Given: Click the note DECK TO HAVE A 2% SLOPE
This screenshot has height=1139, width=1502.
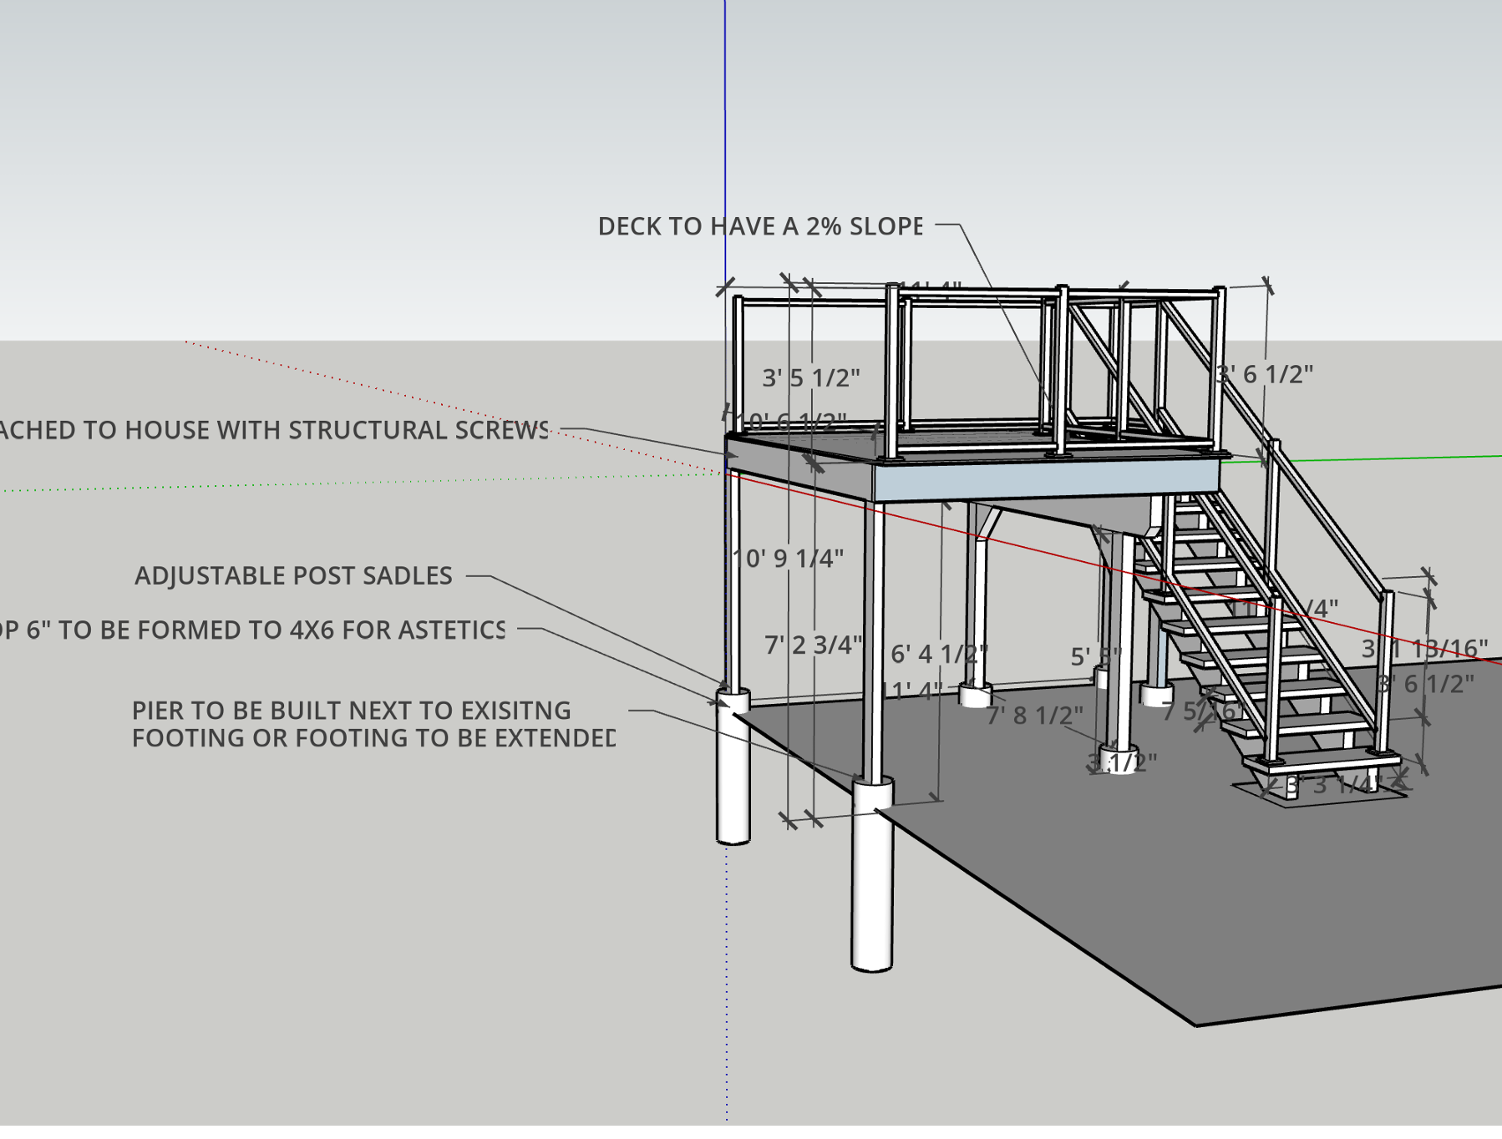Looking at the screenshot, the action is pyautogui.click(x=760, y=226).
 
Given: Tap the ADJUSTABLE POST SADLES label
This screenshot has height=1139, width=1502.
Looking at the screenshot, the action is pyautogui.click(x=293, y=575).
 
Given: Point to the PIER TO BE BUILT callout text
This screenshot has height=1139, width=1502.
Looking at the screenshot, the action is pyautogui.click(x=351, y=711).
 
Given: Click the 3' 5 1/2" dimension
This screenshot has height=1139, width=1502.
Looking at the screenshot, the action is pyautogui.click(x=810, y=377).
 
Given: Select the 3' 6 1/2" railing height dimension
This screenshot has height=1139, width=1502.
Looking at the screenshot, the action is pyautogui.click(x=1265, y=374).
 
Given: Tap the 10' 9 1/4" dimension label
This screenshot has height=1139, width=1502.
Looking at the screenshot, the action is pyautogui.click(x=789, y=558).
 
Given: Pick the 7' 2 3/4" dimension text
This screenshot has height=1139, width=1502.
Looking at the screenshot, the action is pyautogui.click(x=813, y=645).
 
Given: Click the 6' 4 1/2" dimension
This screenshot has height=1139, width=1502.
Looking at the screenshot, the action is pyautogui.click(x=938, y=653).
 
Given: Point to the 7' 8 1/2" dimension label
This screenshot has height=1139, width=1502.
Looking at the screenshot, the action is pyautogui.click(x=1034, y=716).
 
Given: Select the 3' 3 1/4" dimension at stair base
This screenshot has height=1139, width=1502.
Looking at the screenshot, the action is pyautogui.click(x=1333, y=784).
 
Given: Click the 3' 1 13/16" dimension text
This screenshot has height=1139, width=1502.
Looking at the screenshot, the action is pyautogui.click(x=1424, y=648).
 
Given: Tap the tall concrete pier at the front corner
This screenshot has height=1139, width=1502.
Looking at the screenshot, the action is pyautogui.click(x=872, y=877).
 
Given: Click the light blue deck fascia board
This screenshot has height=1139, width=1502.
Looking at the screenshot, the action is pyautogui.click(x=1044, y=481).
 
